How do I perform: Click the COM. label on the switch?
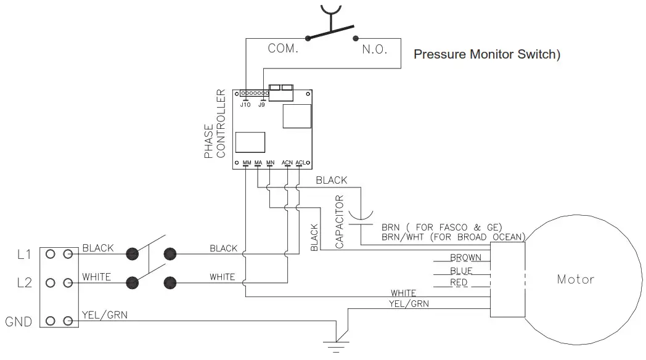tap(283, 49)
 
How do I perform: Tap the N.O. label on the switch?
tap(374, 49)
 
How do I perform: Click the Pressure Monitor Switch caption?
tap(487, 54)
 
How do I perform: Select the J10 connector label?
tap(245, 105)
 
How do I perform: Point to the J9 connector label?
tap(262, 105)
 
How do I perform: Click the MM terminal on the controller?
tap(247, 163)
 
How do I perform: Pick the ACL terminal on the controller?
tap(300, 163)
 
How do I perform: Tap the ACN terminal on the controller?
tap(287, 163)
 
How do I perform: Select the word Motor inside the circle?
tap(576, 279)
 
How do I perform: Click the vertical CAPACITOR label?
tap(339, 222)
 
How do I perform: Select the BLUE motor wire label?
tap(461, 271)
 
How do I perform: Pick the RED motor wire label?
tap(459, 282)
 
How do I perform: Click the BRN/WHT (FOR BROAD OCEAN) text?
tap(453, 237)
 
